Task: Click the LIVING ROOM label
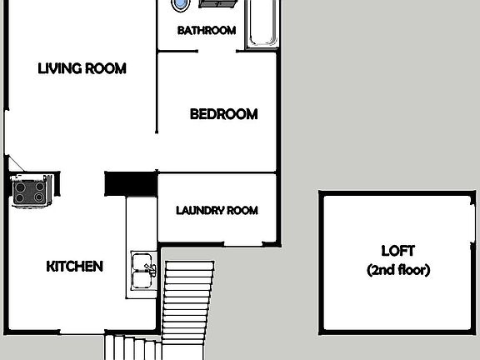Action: pos(82,68)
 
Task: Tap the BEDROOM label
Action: pos(223,114)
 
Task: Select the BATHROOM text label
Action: pos(207,31)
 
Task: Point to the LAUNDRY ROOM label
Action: pos(217,210)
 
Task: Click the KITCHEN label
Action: pos(74,267)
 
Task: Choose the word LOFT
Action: pos(397,251)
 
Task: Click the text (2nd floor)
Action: pos(397,270)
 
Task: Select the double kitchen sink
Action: pos(142,269)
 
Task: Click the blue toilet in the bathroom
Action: pos(179,4)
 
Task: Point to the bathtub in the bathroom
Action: pos(262,22)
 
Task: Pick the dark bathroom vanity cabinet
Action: pos(220,3)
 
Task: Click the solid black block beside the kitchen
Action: pos(131,183)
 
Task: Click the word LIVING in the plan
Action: pos(57,68)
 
